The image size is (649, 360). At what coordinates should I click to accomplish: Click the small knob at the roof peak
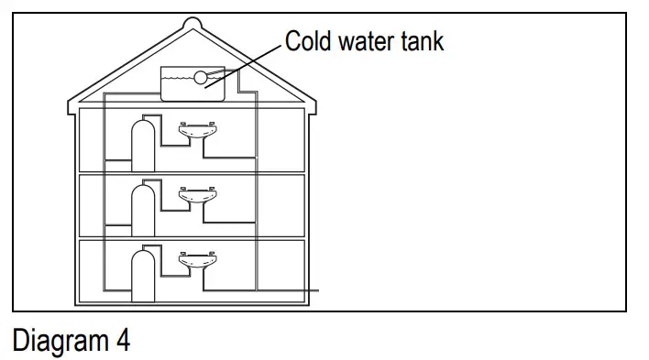click(191, 22)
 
